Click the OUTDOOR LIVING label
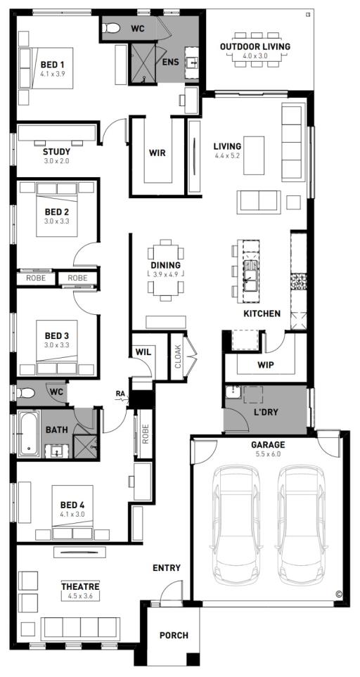coord(255,46)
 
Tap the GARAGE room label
coord(269,445)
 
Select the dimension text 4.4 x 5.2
coord(227,156)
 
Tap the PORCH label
coord(174,636)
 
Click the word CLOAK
coord(177,356)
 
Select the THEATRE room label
coord(80,586)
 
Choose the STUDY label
coord(56,151)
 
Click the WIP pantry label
coord(266,365)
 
